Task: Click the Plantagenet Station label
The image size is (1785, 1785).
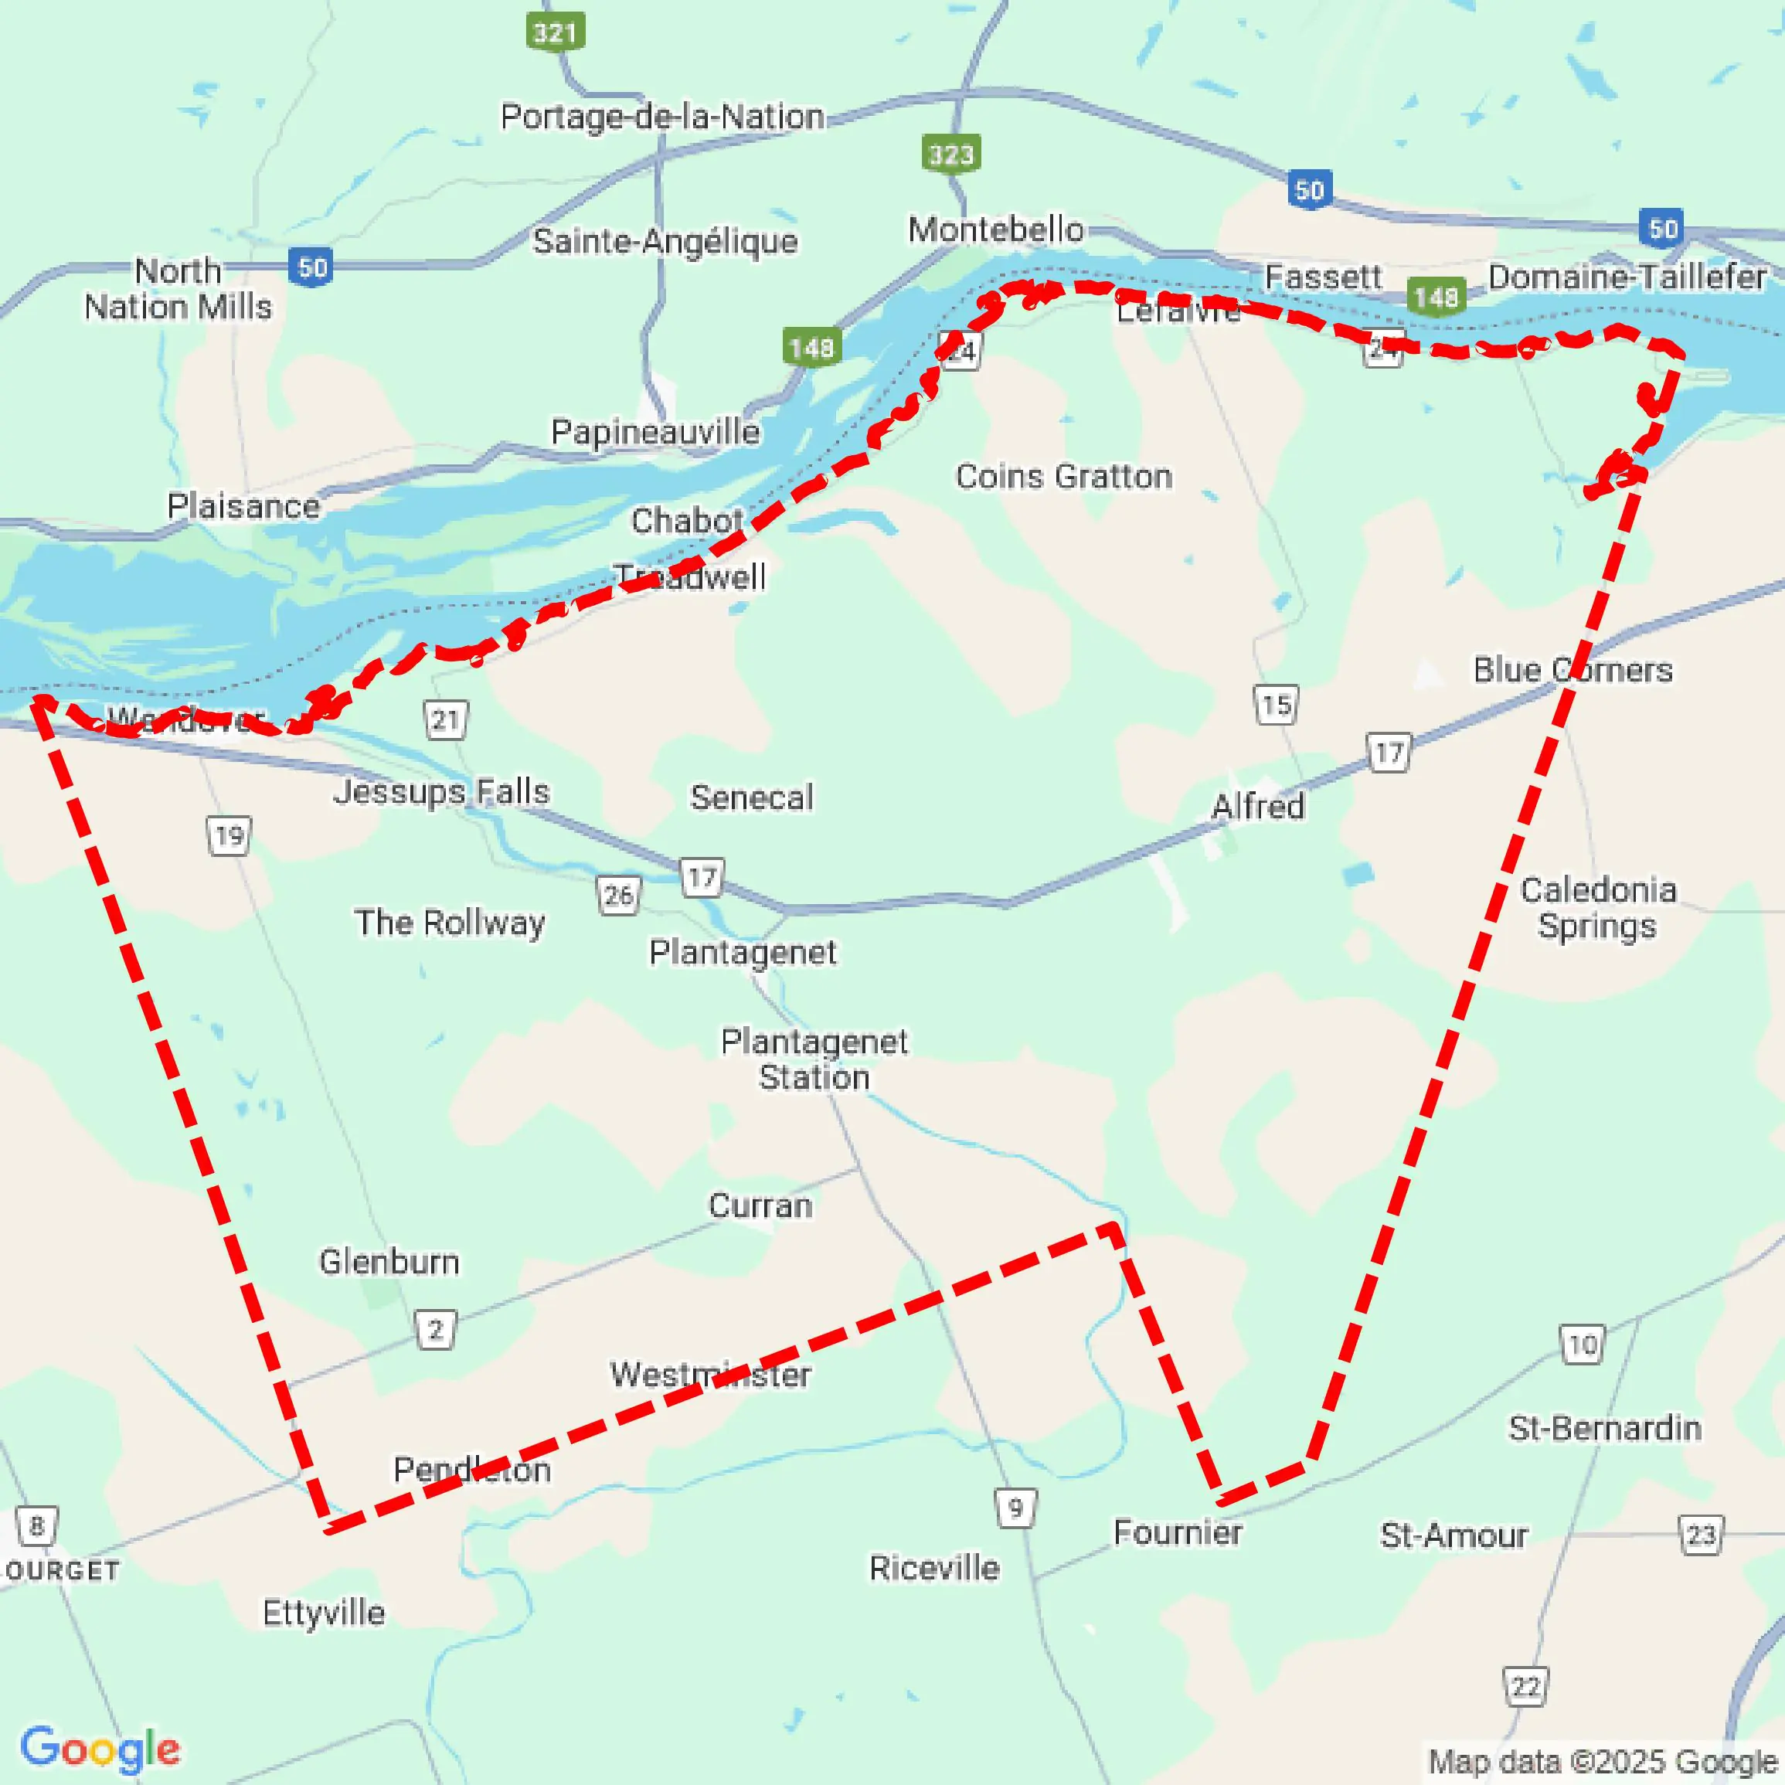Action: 814,1059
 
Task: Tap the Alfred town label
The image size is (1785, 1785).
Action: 1257,807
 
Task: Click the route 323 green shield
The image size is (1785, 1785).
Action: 950,155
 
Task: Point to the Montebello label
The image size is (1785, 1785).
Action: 995,230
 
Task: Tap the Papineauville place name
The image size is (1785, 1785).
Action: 655,431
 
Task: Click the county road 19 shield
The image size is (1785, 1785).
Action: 228,836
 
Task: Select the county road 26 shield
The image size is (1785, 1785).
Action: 618,894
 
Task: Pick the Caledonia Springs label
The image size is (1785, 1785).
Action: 1597,907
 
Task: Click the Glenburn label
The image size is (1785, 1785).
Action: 389,1261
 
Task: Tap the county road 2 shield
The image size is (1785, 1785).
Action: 435,1330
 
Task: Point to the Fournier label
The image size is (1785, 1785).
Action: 1177,1532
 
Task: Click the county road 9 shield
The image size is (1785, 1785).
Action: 1015,1508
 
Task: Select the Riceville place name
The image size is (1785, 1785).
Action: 934,1568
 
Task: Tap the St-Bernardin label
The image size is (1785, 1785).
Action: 1605,1428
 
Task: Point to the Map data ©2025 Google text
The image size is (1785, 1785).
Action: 1603,1762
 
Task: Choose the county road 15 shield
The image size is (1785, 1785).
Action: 1276,705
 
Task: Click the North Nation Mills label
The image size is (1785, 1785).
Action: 178,289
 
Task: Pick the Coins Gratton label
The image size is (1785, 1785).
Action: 1063,477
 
